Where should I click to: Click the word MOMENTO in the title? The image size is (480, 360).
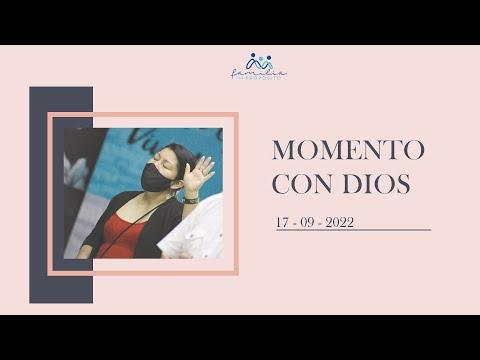349,150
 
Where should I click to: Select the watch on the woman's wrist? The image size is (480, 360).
191,200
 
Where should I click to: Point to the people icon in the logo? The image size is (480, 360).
259,61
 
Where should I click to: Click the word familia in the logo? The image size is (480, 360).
259,72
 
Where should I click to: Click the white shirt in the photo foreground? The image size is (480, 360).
195,235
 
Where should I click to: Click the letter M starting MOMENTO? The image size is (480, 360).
283,150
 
